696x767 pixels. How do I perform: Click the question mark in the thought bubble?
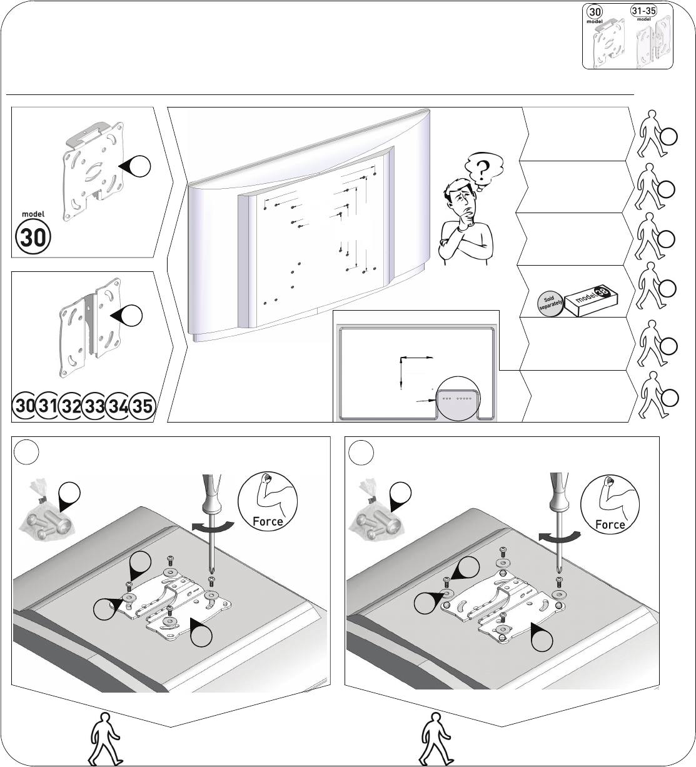[483, 170]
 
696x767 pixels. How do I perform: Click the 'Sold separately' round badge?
[550, 303]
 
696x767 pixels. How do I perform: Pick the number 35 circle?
[143, 406]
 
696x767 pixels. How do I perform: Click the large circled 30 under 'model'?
[33, 237]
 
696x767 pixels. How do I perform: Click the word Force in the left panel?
[268, 521]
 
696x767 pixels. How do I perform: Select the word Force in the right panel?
[610, 524]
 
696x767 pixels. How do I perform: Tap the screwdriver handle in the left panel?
[211, 494]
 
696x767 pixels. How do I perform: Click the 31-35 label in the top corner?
[643, 11]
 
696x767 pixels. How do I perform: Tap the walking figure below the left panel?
[106, 738]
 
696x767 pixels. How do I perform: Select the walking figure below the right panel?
[436, 738]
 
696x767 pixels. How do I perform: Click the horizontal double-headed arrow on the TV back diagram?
[416, 358]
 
